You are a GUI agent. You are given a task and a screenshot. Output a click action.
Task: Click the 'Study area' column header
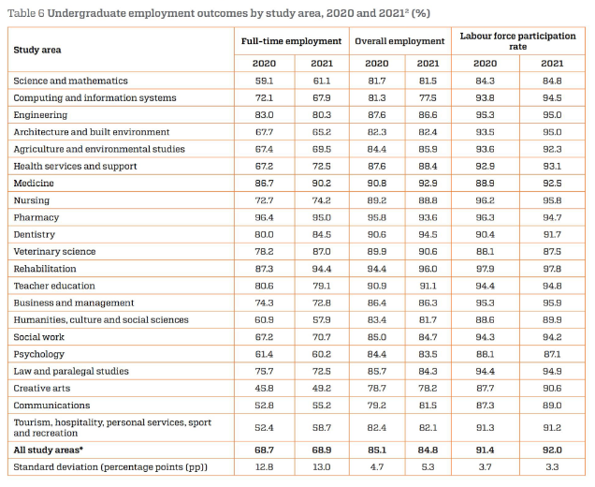pos(37,50)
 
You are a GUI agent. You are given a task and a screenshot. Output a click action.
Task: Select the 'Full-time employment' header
pos(292,41)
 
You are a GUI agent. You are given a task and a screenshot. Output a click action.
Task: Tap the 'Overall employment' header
pos(399,41)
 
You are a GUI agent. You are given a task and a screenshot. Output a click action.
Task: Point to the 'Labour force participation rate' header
pos(518,41)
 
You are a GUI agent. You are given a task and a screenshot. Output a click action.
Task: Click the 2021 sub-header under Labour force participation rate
pos(552,64)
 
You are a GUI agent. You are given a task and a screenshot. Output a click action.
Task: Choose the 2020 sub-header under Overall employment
pos(377,64)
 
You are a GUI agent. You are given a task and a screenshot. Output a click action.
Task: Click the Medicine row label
pos(34,184)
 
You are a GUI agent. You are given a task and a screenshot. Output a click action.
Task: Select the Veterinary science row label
pos(54,252)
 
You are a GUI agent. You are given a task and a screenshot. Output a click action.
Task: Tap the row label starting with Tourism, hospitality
pos(112,428)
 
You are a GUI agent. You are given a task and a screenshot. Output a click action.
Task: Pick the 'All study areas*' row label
pos(49,450)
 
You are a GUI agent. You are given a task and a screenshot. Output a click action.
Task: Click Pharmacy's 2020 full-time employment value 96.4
pos(264,217)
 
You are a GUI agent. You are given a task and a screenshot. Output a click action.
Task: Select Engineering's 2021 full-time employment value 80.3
pos(322,114)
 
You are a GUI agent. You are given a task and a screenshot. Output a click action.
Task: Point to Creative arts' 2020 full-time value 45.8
pos(264,389)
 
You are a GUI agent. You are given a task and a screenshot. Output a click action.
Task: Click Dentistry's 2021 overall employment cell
pos(428,234)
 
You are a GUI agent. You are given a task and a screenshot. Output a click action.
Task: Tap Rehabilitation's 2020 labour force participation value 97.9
pos(485,269)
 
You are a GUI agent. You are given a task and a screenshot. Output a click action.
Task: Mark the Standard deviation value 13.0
pos(322,467)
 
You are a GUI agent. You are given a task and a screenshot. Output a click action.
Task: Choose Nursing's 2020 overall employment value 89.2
pos(377,200)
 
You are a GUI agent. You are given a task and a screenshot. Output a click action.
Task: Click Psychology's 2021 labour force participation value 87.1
pos(552,354)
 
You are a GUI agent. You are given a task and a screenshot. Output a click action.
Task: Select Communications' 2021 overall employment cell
pos(428,406)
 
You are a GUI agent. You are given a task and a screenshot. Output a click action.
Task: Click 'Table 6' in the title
pos(26,13)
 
